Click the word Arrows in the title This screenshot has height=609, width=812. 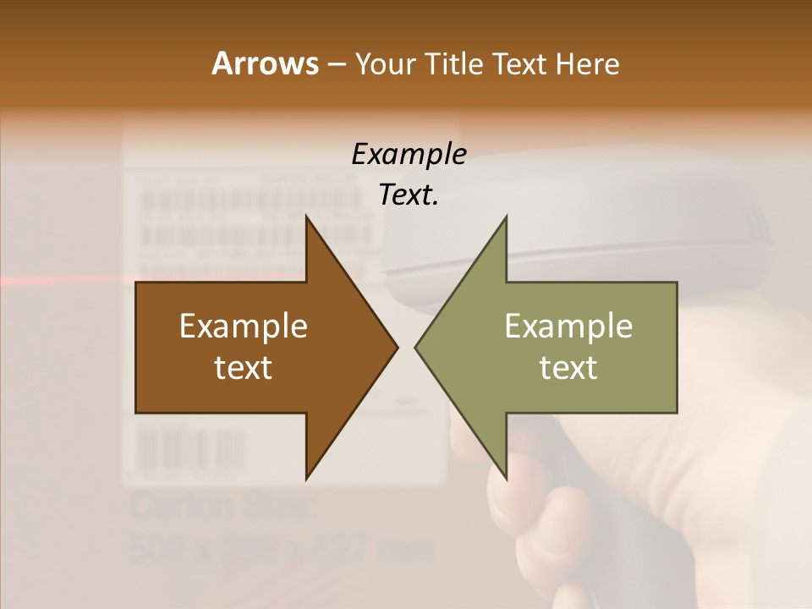(x=264, y=64)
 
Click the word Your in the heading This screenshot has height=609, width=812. (x=385, y=64)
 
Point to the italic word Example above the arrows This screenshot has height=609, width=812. (x=409, y=155)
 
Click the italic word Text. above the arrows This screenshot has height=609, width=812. (x=409, y=195)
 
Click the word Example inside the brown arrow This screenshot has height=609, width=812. (x=244, y=326)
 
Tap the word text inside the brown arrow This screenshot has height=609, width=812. (x=244, y=367)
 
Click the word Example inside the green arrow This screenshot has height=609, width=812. (x=568, y=326)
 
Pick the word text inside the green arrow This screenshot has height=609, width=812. (x=568, y=367)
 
